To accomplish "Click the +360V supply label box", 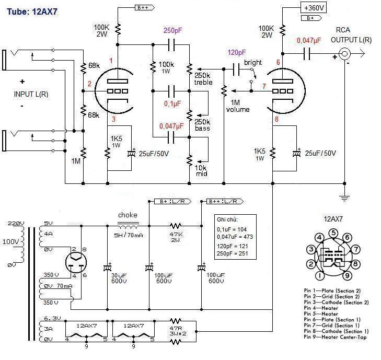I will [314, 7].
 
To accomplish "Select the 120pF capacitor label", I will [236, 53].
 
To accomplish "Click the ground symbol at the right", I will [344, 198].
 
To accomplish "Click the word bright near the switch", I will [253, 63].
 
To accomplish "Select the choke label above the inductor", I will [128, 215].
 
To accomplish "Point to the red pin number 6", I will [278, 63].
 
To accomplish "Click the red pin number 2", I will [89, 84].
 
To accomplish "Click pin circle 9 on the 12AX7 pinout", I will [346, 275].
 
